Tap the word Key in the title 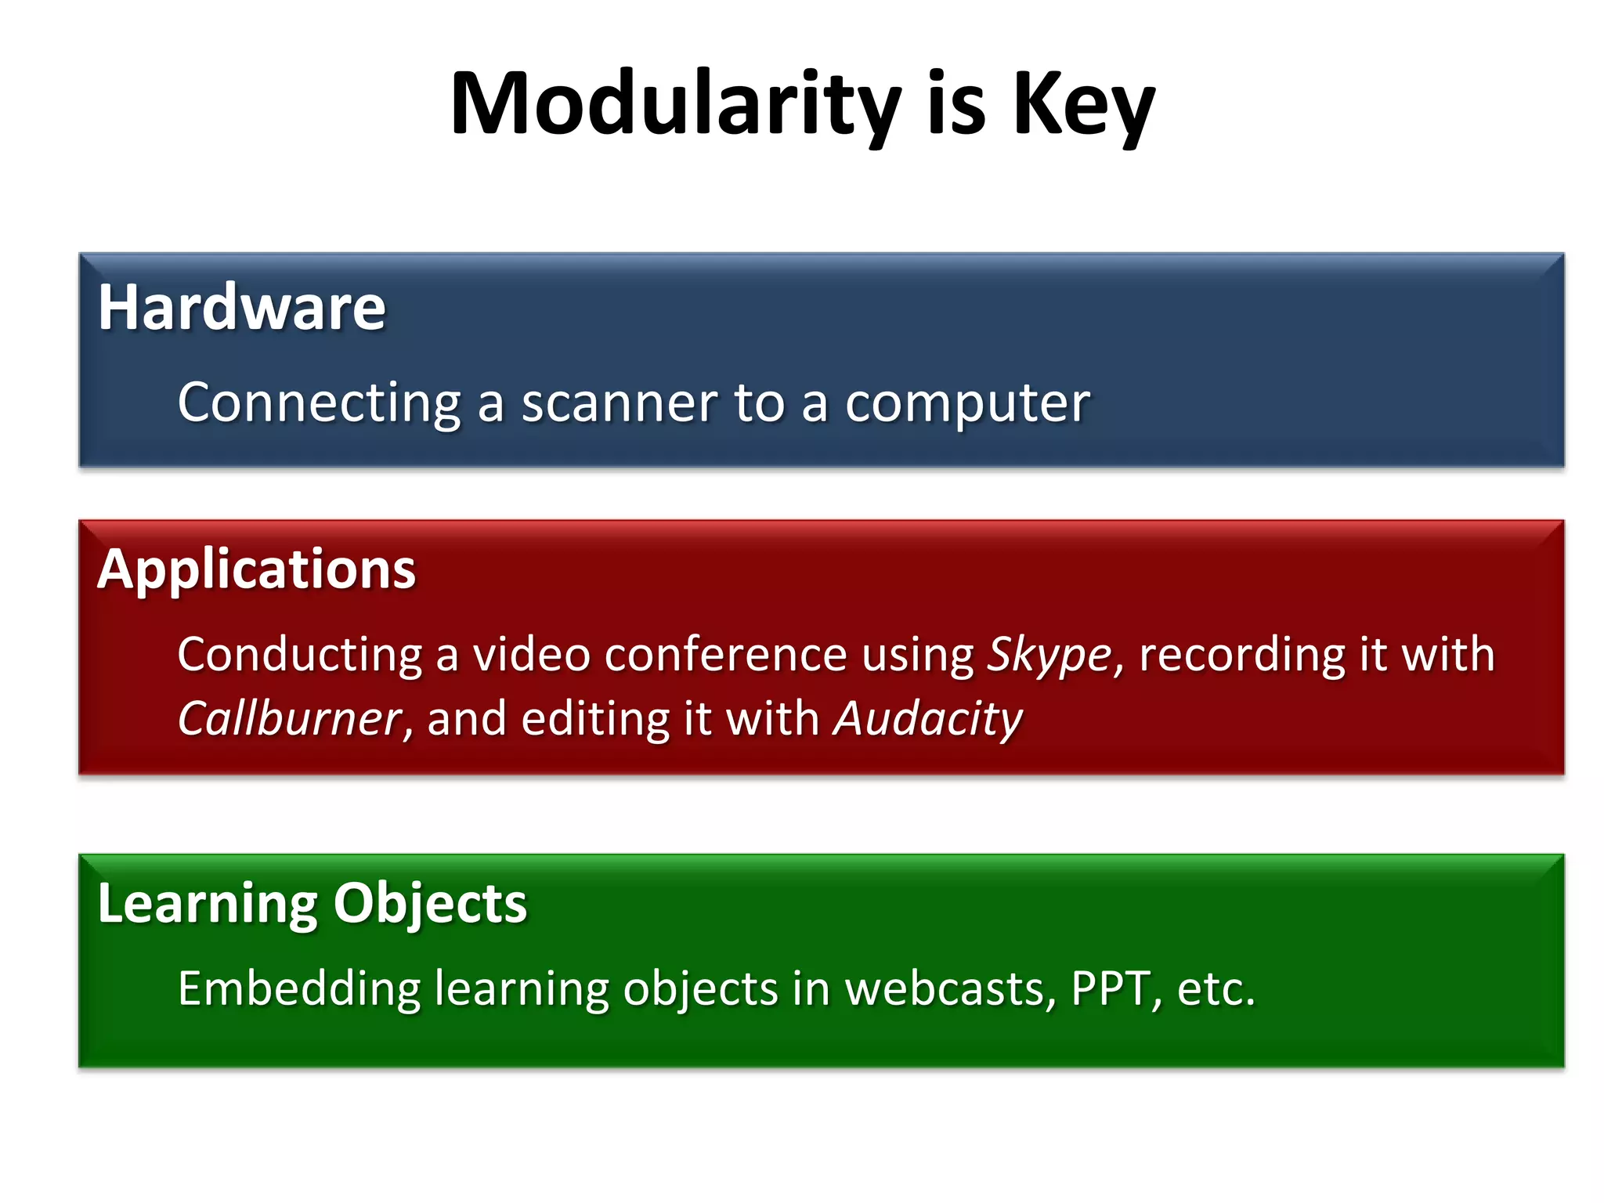(1083, 106)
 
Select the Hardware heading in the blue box (241, 307)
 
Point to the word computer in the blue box (967, 405)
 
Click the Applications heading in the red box (256, 569)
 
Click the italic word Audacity (928, 719)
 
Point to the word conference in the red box (726, 655)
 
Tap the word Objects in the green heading (430, 905)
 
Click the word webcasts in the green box (949, 989)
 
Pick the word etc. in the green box (1216, 989)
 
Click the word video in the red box (531, 655)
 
